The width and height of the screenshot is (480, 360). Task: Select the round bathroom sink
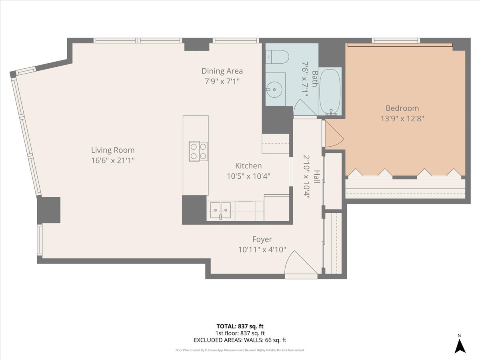point(274,89)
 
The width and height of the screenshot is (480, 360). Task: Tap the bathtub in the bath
point(330,91)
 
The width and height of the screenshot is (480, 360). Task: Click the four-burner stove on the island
point(198,151)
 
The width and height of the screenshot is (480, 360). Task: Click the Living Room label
point(113,150)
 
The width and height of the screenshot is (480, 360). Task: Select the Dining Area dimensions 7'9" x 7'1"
point(222,81)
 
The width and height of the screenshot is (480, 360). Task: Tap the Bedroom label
point(402,108)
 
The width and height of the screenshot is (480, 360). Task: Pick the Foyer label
point(262,239)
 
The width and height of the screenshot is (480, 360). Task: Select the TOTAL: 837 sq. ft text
point(240,326)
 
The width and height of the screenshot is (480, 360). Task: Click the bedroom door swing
point(334,134)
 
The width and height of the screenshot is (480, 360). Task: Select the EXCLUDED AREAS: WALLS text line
point(240,340)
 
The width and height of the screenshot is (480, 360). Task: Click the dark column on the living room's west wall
point(49,210)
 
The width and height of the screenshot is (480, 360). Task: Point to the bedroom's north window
point(396,40)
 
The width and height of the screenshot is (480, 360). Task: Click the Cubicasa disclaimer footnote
point(240,350)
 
